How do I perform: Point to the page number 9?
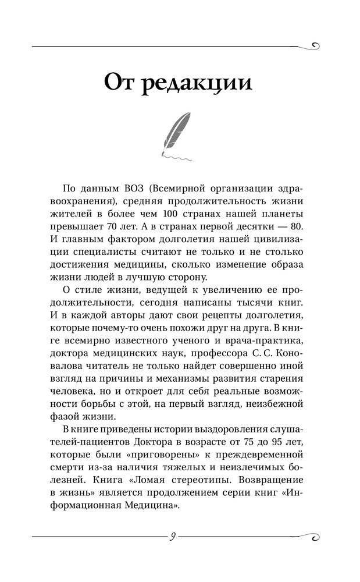[172, 537]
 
